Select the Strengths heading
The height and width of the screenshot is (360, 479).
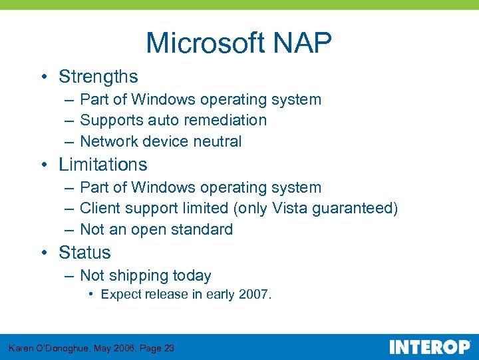98,77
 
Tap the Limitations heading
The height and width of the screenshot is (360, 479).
102,165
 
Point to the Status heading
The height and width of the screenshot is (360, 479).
84,253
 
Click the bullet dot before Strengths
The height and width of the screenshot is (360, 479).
43,77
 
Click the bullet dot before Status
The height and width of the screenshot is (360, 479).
43,253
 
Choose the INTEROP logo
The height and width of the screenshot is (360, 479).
429,347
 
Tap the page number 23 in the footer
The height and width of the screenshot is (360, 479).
168,348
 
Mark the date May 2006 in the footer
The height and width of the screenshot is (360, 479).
109,348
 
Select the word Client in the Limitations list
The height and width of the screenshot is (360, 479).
98,209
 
